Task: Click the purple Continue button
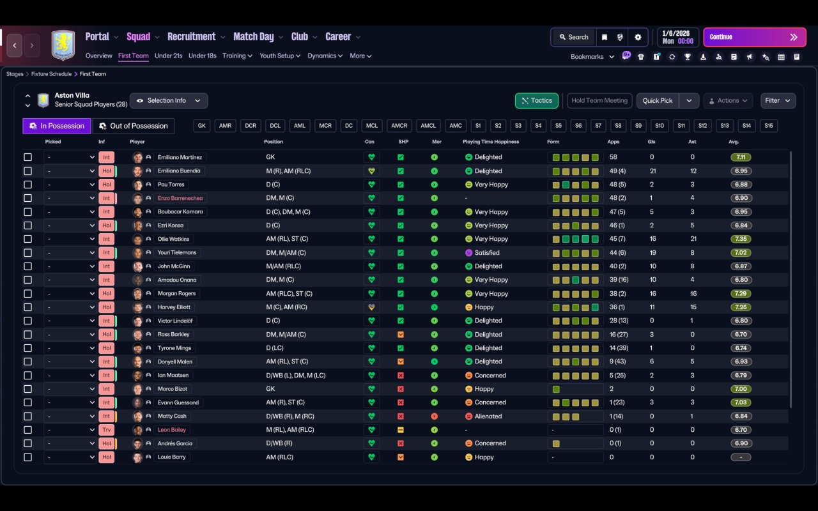755,37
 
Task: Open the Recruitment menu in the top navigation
191,37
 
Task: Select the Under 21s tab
168,56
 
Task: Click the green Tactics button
536,101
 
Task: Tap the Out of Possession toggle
134,126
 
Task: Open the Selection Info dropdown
169,101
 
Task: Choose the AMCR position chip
399,126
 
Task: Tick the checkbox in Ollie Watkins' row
27,239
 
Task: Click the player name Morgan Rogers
176,293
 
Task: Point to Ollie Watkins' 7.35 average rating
741,239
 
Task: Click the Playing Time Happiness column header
490,142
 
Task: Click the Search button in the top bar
574,37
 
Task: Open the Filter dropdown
778,101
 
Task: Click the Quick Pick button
658,101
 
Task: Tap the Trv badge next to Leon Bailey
106,430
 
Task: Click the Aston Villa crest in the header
63,45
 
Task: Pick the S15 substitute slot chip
768,126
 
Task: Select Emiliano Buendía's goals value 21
652,171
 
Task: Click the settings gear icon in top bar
638,37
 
